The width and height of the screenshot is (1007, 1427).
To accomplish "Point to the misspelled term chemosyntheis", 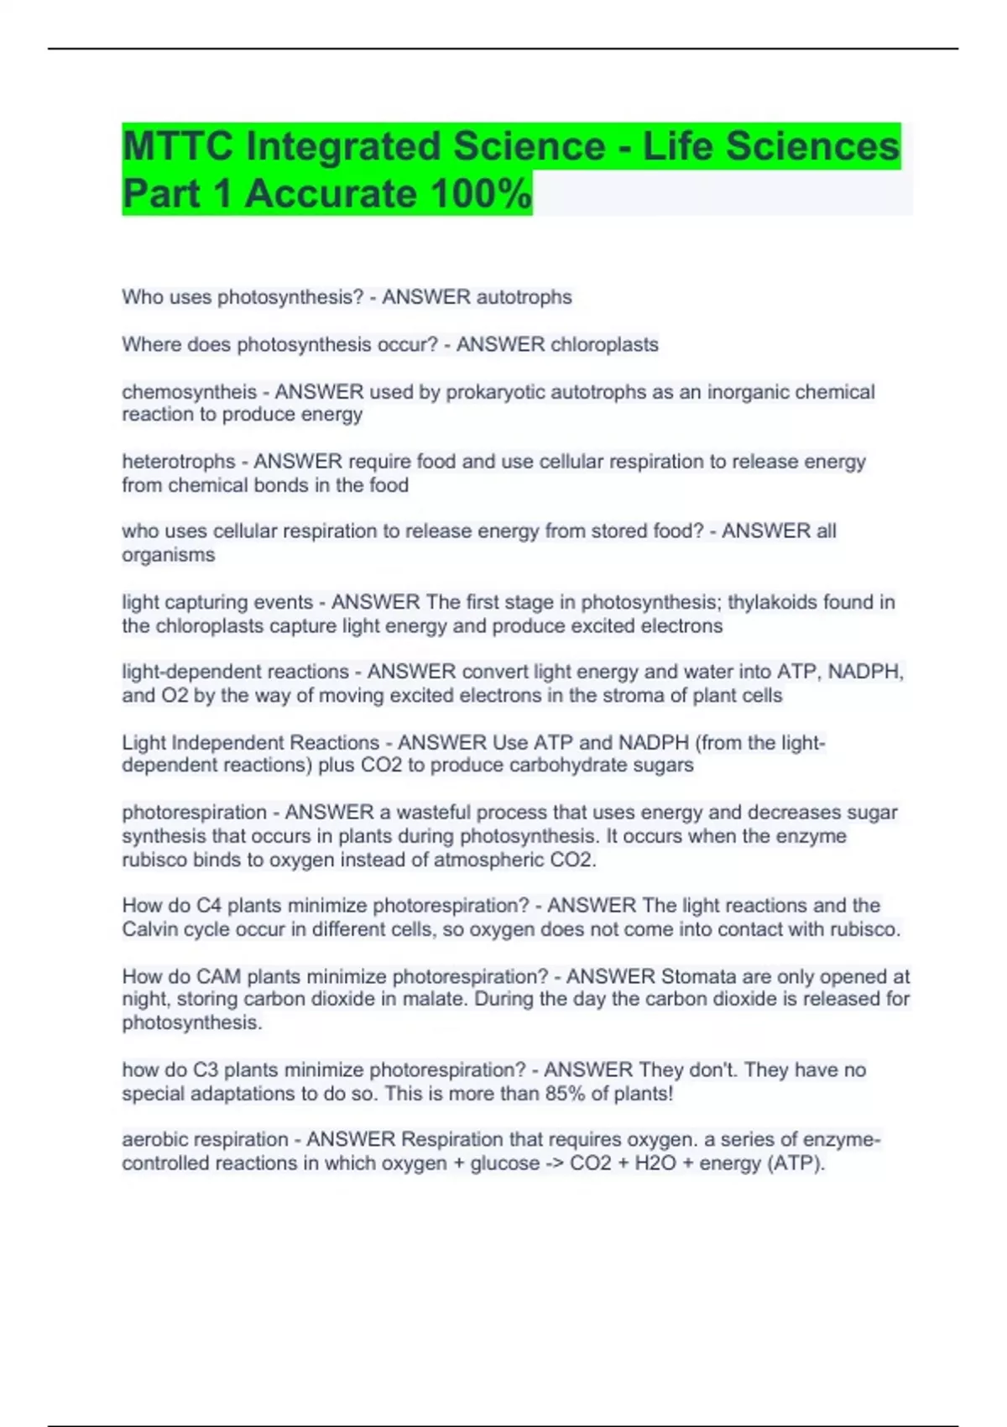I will (190, 392).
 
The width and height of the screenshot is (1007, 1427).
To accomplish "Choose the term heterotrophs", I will (179, 462).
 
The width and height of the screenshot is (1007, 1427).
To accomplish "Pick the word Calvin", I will (151, 930).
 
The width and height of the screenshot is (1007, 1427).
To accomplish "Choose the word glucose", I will (505, 1163).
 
